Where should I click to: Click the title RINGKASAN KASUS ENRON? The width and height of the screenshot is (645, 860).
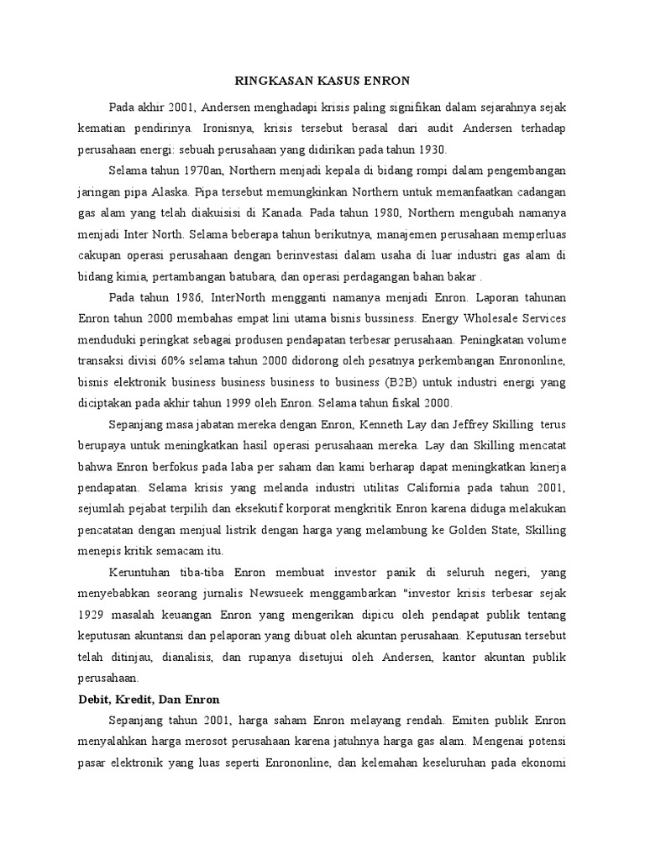tap(321, 81)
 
